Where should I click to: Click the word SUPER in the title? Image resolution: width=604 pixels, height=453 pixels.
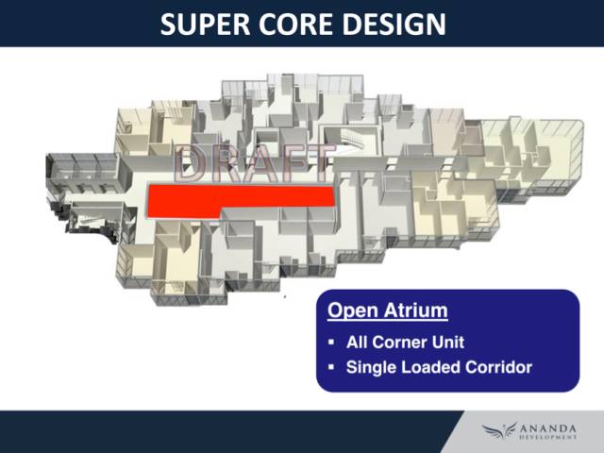tap(206, 25)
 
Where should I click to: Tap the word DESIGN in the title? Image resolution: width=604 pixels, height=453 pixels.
tap(394, 25)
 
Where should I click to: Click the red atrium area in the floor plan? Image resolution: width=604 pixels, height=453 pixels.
tap(231, 199)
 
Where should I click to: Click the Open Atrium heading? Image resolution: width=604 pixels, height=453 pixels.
tap(388, 310)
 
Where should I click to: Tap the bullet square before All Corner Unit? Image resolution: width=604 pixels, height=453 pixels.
tap(331, 342)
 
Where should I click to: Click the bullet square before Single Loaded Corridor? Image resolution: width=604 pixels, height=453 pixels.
tap(331, 367)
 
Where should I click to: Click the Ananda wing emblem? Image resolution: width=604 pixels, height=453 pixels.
tap(499, 430)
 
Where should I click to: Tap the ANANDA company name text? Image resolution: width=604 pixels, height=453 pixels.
tap(548, 428)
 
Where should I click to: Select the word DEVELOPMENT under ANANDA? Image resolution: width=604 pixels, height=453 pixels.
tap(548, 437)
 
